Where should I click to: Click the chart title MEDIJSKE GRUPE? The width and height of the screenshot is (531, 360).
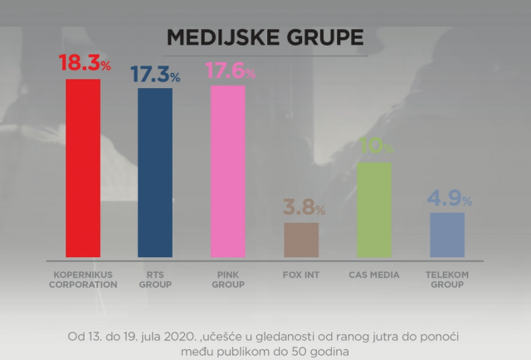265,37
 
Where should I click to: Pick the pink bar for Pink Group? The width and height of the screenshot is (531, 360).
228,171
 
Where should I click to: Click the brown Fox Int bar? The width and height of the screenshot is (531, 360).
301,240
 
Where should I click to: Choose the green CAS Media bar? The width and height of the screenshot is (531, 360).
374,209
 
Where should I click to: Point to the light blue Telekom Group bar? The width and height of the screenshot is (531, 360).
447,235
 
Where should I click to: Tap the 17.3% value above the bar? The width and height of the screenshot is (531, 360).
155,74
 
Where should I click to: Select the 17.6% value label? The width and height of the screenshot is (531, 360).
228,71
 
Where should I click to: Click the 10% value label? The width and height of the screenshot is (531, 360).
376,147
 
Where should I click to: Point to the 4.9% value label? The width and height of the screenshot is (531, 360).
448,199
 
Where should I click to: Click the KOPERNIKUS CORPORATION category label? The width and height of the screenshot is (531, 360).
83,280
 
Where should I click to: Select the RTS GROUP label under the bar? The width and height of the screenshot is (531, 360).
155,280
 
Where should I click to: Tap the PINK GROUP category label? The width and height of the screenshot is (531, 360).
228,280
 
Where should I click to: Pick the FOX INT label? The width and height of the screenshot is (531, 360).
301,275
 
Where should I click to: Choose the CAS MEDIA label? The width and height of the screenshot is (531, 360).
374,275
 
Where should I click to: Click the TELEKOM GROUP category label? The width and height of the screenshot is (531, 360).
447,280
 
